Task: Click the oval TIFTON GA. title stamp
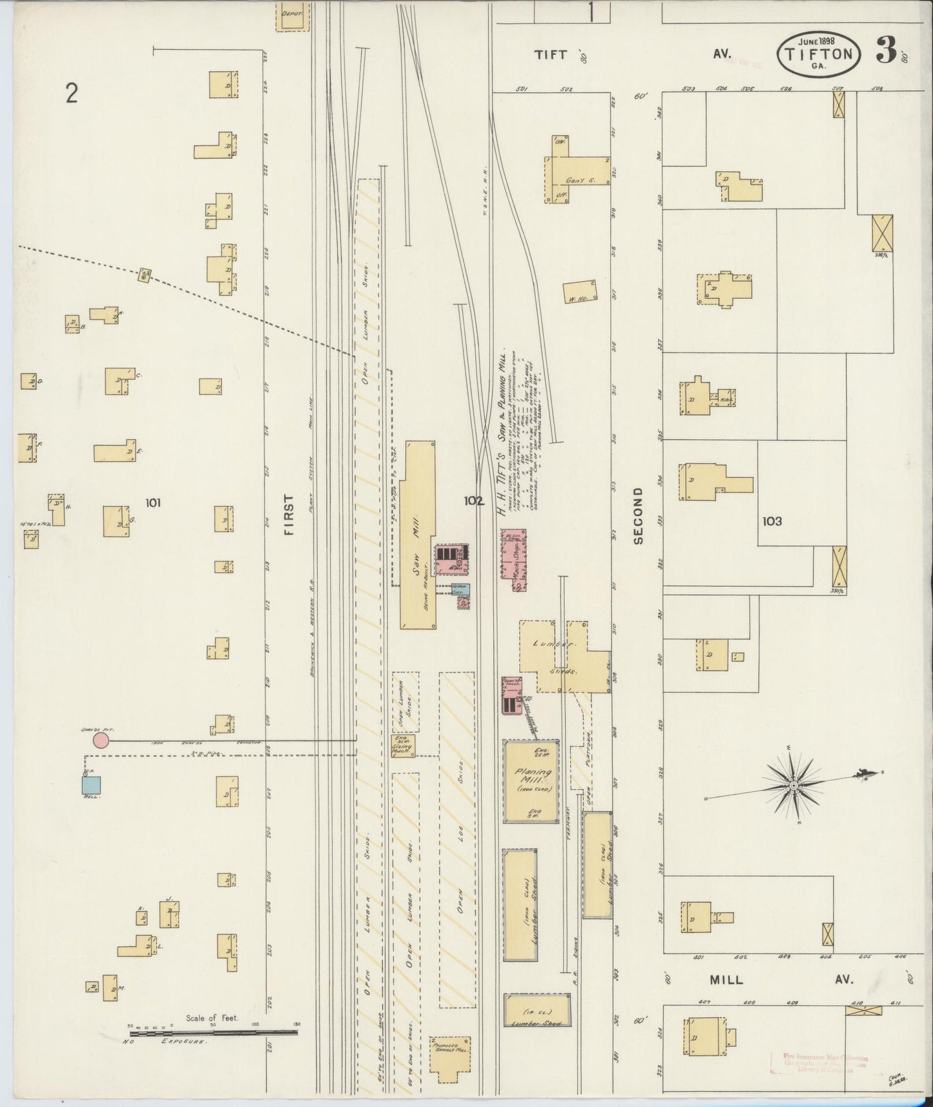tap(820, 54)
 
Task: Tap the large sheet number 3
tap(886, 51)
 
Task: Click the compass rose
tap(793, 785)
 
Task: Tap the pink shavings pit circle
tap(100, 740)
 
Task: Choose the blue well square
tap(91, 785)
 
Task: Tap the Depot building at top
tap(292, 17)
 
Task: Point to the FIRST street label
tap(288, 515)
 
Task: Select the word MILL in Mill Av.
tap(726, 998)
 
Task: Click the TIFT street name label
tap(550, 55)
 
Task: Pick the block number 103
tap(772, 521)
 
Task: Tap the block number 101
tap(153, 502)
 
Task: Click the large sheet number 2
tap(71, 94)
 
